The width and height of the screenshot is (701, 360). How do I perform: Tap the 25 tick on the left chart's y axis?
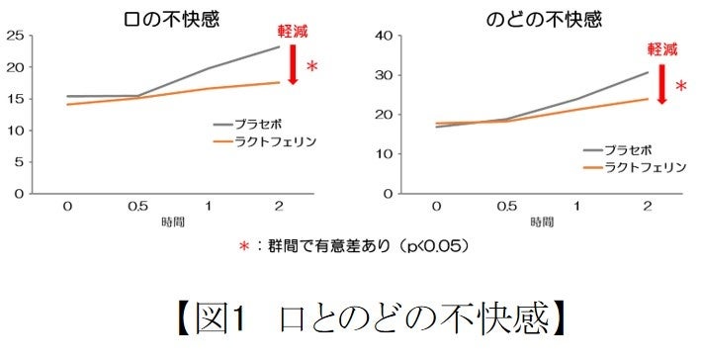tap(14, 37)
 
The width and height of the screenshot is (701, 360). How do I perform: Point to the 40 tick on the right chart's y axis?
tap(386, 37)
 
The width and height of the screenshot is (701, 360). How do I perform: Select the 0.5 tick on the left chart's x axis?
tap(137, 206)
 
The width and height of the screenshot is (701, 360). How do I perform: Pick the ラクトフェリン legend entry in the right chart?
tap(638, 167)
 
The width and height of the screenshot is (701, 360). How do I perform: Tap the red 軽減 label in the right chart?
tap(662, 48)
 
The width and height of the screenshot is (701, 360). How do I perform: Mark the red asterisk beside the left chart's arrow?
tap(312, 67)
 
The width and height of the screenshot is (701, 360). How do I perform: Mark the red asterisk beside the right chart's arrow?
tap(681, 88)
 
